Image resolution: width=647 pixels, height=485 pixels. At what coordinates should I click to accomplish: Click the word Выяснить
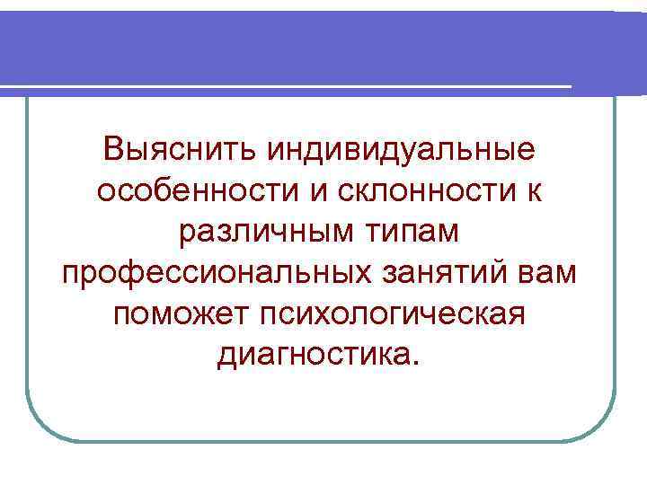(x=179, y=148)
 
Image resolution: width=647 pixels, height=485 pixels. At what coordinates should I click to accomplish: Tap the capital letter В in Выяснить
(x=114, y=148)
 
